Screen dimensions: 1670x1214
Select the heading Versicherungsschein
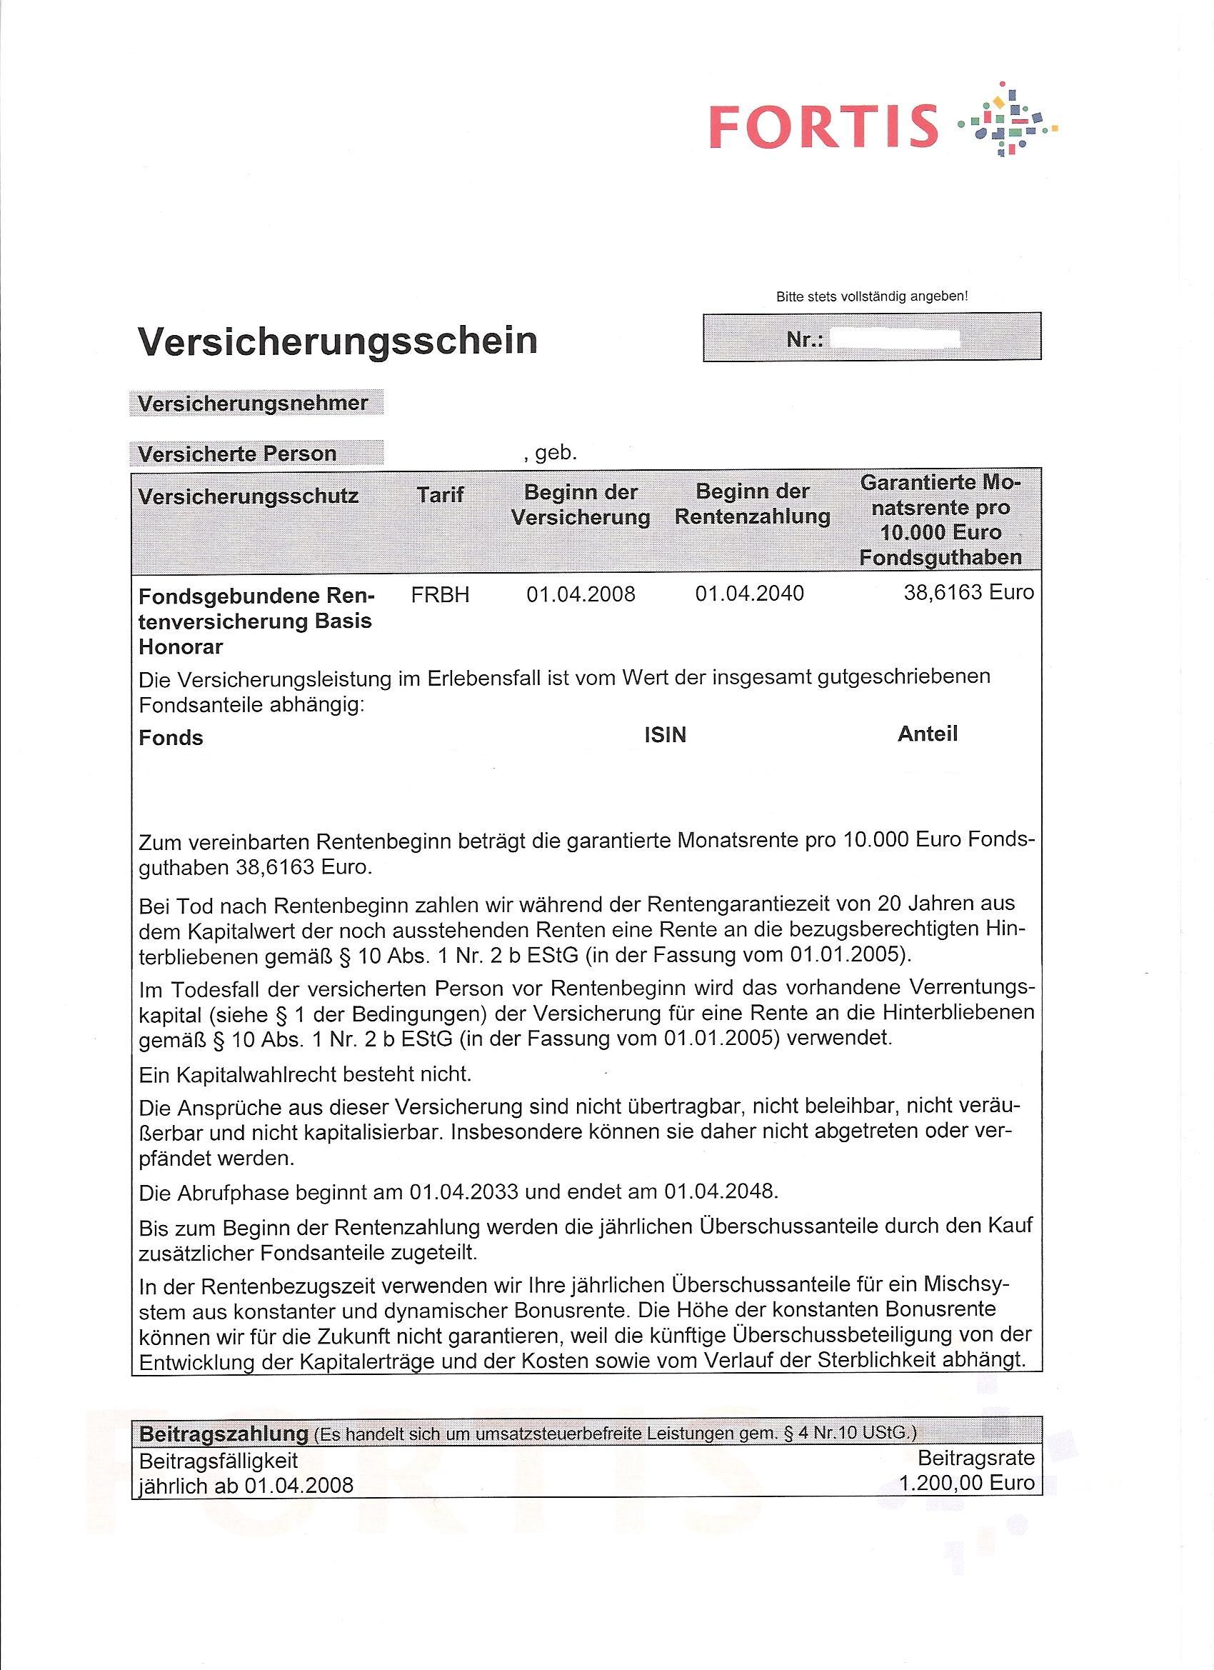click(x=337, y=340)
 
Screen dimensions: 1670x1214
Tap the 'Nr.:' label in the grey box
click(x=805, y=340)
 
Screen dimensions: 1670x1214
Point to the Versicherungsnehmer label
click(x=253, y=404)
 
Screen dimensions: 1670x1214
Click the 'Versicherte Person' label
click(x=237, y=454)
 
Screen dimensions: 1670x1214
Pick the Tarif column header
click(x=439, y=495)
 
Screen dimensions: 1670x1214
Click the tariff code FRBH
click(x=439, y=594)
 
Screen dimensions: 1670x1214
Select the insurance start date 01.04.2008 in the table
click(x=580, y=594)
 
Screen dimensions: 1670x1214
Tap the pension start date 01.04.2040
click(x=749, y=593)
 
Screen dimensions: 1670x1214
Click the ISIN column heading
click(x=665, y=735)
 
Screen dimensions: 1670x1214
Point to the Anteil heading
click(x=927, y=734)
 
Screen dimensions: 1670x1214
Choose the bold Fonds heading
click(x=171, y=738)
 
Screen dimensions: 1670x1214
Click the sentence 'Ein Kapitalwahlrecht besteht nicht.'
click(x=305, y=1074)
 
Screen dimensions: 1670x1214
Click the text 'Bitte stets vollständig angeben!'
click(x=872, y=296)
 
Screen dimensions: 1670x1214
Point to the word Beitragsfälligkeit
click(x=219, y=1460)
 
